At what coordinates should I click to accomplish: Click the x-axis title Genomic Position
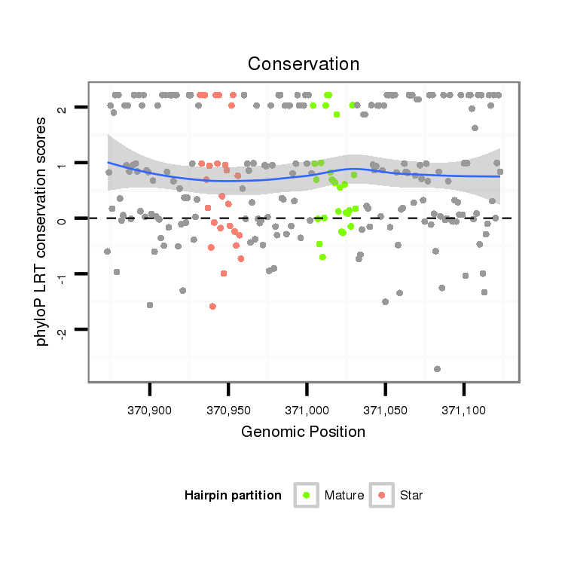pyautogui.click(x=304, y=432)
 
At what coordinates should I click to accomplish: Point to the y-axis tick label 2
pyautogui.click(x=63, y=108)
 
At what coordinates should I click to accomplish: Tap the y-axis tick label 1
pyautogui.click(x=63, y=163)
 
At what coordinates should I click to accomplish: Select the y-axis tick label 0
pyautogui.click(x=63, y=219)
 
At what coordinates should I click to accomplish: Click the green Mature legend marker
pyautogui.click(x=307, y=495)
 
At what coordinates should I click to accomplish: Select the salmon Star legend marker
pyautogui.click(x=382, y=495)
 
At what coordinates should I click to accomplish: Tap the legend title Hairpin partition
pyautogui.click(x=233, y=496)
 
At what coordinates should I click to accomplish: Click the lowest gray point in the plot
pyautogui.click(x=437, y=368)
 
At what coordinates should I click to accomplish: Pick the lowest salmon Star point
pyautogui.click(x=212, y=306)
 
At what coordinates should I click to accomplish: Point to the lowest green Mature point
pyautogui.click(x=322, y=257)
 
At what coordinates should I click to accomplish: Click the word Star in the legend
pyautogui.click(x=411, y=496)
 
